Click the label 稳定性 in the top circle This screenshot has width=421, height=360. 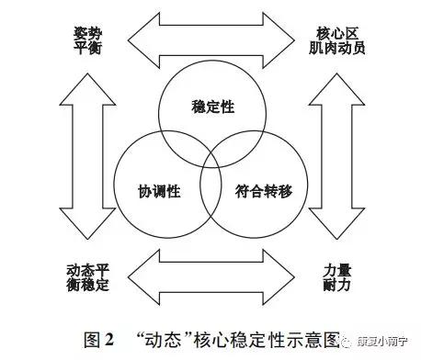click(x=210, y=107)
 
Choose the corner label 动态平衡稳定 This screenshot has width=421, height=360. click(x=88, y=277)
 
